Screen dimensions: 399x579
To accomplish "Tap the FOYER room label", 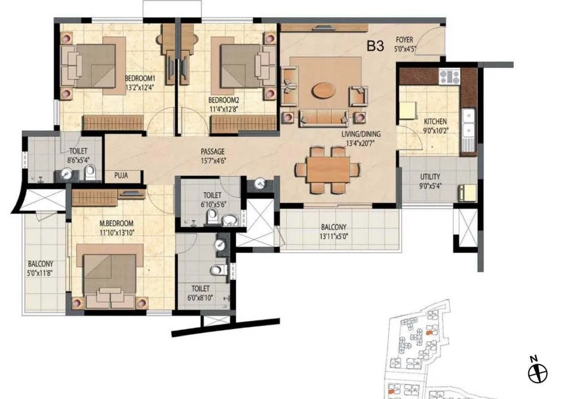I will [405, 40].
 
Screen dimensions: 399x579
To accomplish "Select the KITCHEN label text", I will [435, 122].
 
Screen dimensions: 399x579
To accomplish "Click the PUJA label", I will [119, 176].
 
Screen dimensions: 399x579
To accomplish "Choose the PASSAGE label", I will [213, 152].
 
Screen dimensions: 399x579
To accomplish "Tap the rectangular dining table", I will [327, 169].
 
